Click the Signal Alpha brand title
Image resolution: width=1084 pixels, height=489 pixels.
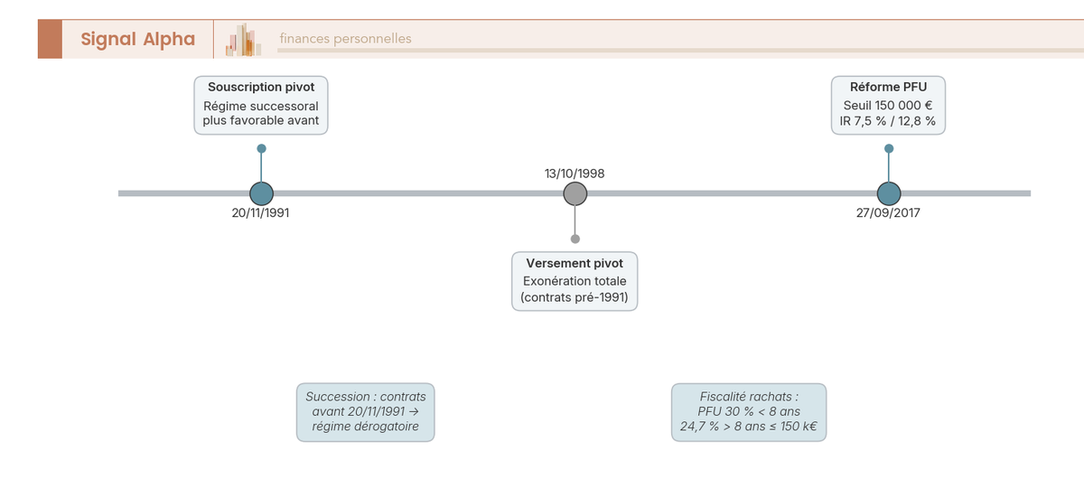pyautogui.click(x=137, y=39)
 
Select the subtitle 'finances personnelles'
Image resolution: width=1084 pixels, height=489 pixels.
pyautogui.click(x=345, y=39)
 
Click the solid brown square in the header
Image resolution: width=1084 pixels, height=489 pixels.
pyautogui.click(x=50, y=39)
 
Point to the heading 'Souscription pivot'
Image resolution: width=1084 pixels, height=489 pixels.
pyautogui.click(x=261, y=88)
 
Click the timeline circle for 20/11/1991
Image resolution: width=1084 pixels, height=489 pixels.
pyautogui.click(x=261, y=193)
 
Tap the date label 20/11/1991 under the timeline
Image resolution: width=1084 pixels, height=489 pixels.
pyautogui.click(x=261, y=213)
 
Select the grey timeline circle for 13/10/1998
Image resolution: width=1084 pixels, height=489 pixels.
pyautogui.click(x=575, y=193)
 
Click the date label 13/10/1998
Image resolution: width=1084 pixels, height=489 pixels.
pyautogui.click(x=575, y=173)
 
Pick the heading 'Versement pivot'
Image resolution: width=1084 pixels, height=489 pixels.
pyautogui.click(x=575, y=263)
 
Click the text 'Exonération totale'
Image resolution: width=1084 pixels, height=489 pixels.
pyautogui.click(x=575, y=281)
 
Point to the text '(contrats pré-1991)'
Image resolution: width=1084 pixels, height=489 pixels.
pyautogui.click(x=575, y=297)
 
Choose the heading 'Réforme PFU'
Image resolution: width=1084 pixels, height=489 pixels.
pyautogui.click(x=888, y=88)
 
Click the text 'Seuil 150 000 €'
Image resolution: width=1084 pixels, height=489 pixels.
pyautogui.click(x=888, y=106)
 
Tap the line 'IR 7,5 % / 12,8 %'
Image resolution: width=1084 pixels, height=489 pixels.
pyautogui.click(x=888, y=121)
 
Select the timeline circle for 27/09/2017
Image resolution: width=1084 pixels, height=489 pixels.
pyautogui.click(x=889, y=193)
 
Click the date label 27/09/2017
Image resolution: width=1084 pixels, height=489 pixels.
pyautogui.click(x=889, y=213)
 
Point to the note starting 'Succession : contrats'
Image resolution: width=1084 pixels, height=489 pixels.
pyautogui.click(x=366, y=412)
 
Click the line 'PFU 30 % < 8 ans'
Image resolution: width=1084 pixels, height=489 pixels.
pyautogui.click(x=749, y=411)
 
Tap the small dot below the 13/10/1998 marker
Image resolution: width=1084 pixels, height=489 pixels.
pyautogui.click(x=575, y=239)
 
